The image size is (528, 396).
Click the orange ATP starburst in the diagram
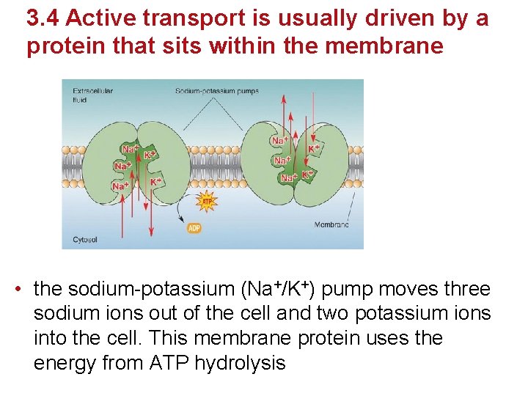(207, 202)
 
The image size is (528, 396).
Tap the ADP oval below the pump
(195, 228)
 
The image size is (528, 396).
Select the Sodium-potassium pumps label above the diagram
(216, 91)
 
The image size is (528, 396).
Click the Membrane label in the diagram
(331, 224)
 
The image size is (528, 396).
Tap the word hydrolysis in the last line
(240, 363)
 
